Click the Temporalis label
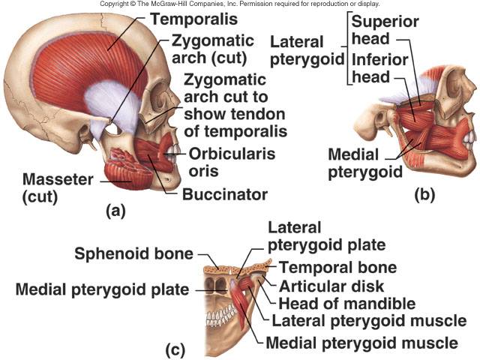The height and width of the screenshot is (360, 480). [x=193, y=19]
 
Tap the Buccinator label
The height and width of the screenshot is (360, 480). [x=225, y=194]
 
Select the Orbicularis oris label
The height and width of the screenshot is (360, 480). [x=232, y=162]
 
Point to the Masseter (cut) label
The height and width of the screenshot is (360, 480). [x=58, y=187]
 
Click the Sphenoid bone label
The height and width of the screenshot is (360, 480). [x=133, y=253]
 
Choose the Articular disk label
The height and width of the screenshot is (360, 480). [x=331, y=286]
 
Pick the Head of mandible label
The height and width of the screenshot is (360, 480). [x=346, y=303]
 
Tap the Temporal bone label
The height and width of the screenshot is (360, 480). [x=338, y=267]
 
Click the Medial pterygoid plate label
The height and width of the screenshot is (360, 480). [x=102, y=290]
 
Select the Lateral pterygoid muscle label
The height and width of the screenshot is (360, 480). [x=369, y=321]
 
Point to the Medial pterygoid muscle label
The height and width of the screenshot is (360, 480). [x=361, y=343]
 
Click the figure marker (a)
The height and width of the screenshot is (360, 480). [x=115, y=211]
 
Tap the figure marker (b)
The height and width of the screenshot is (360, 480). [x=424, y=195]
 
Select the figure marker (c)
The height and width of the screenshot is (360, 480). [x=175, y=349]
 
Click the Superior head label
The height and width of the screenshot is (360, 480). [x=385, y=30]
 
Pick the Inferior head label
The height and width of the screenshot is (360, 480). [x=379, y=68]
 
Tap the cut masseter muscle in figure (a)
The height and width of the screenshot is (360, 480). [x=128, y=169]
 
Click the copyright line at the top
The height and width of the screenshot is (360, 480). [x=240, y=4]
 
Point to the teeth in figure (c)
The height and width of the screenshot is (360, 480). [x=221, y=316]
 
